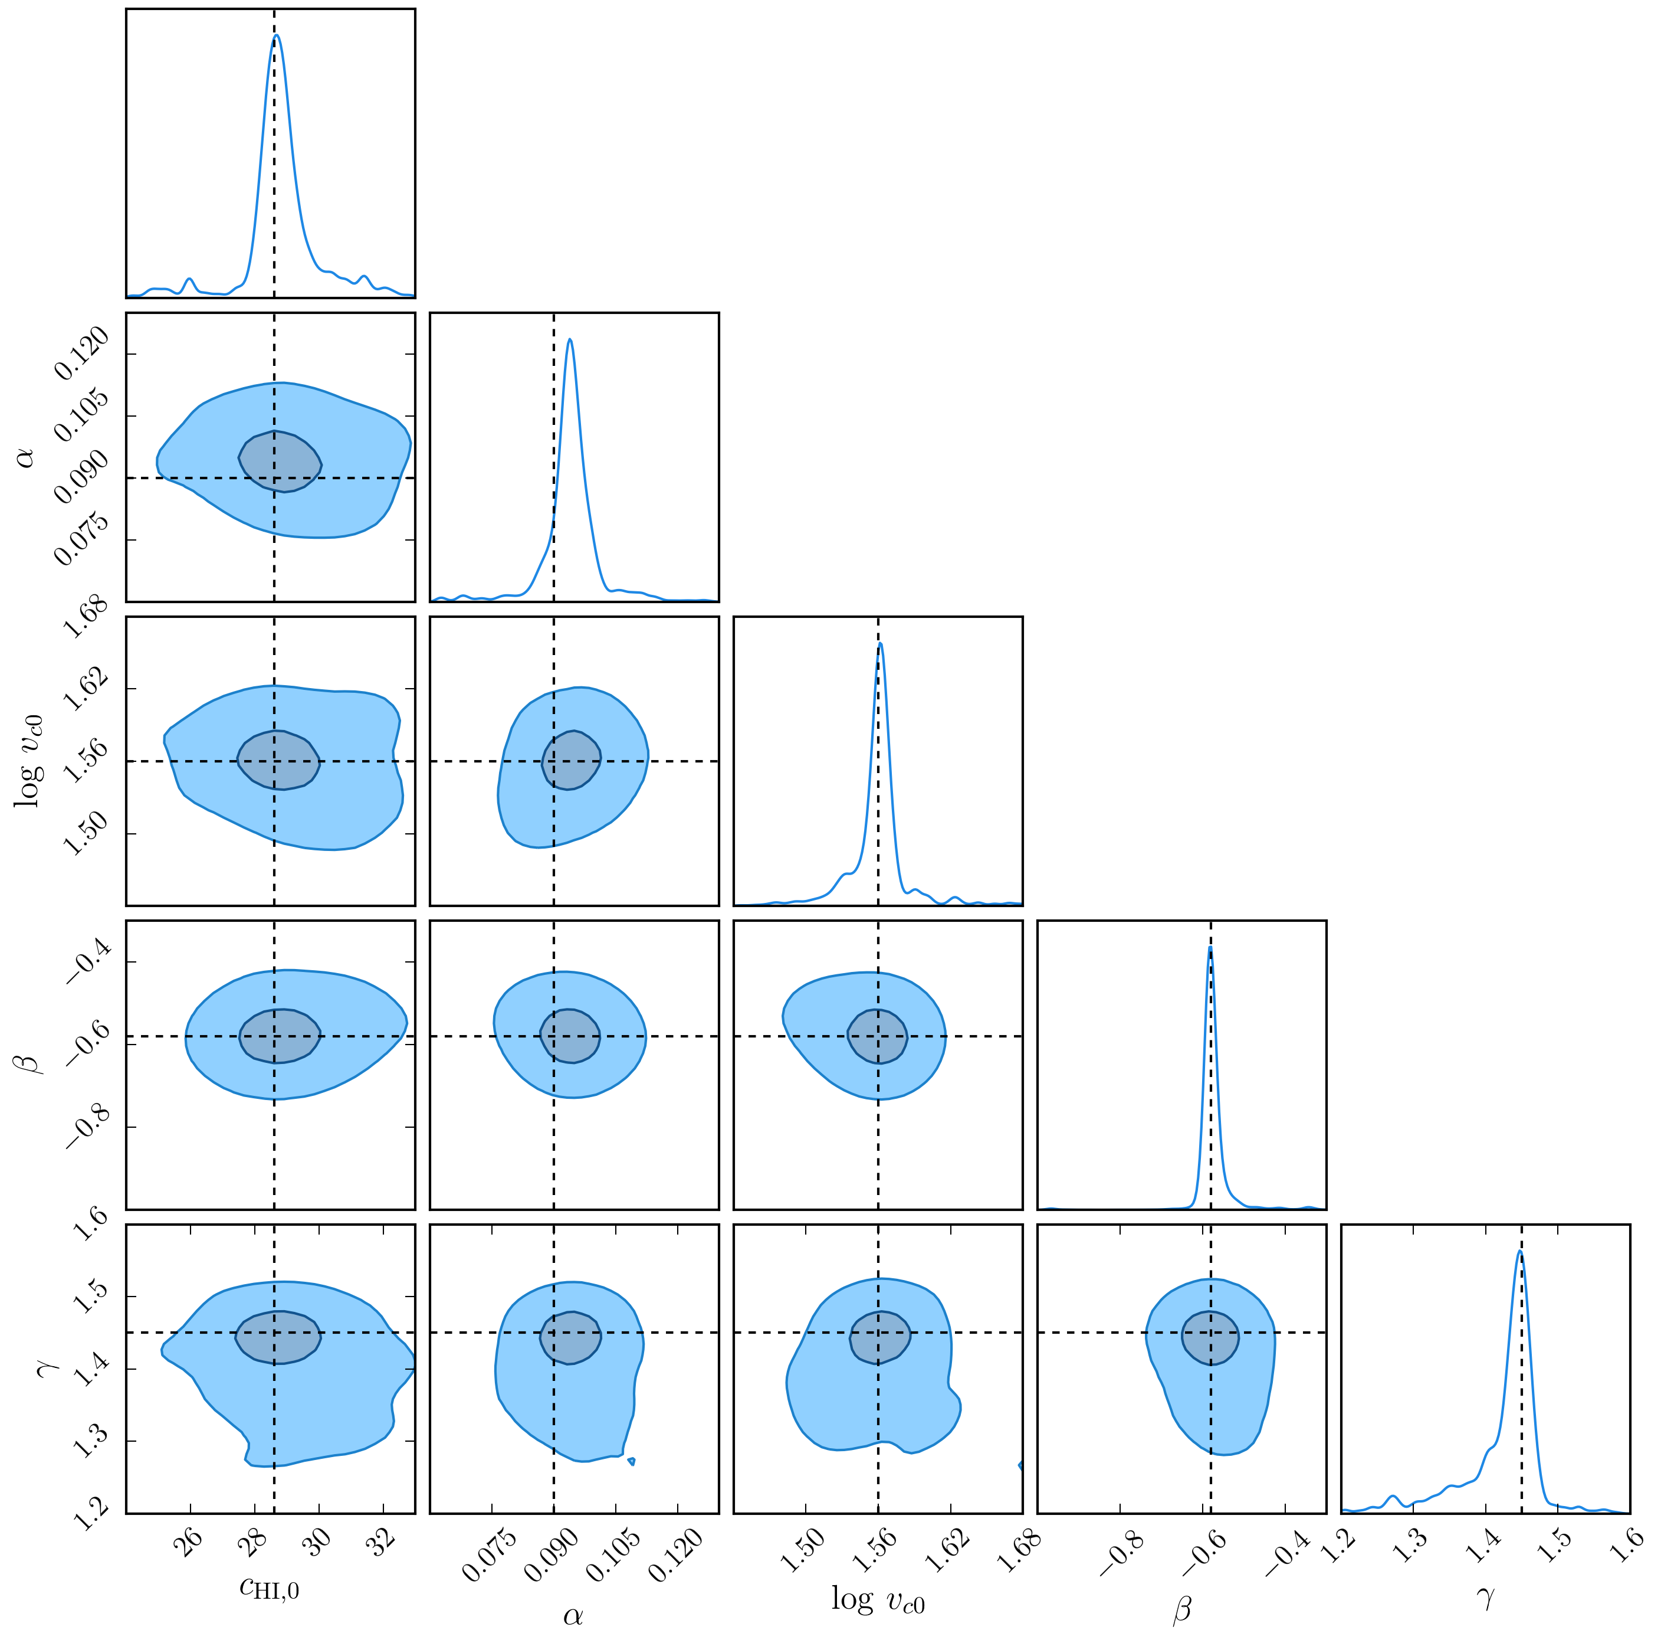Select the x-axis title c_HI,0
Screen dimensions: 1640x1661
(269, 1587)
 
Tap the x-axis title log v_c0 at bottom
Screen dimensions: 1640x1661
(878, 1600)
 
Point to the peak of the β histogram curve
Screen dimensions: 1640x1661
(1210, 948)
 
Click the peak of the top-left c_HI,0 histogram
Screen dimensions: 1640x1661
(276, 35)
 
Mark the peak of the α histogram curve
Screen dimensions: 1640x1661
(569, 340)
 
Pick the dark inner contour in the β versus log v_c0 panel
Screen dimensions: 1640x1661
(877, 1036)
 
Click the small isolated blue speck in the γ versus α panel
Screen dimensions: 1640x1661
(632, 1461)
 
